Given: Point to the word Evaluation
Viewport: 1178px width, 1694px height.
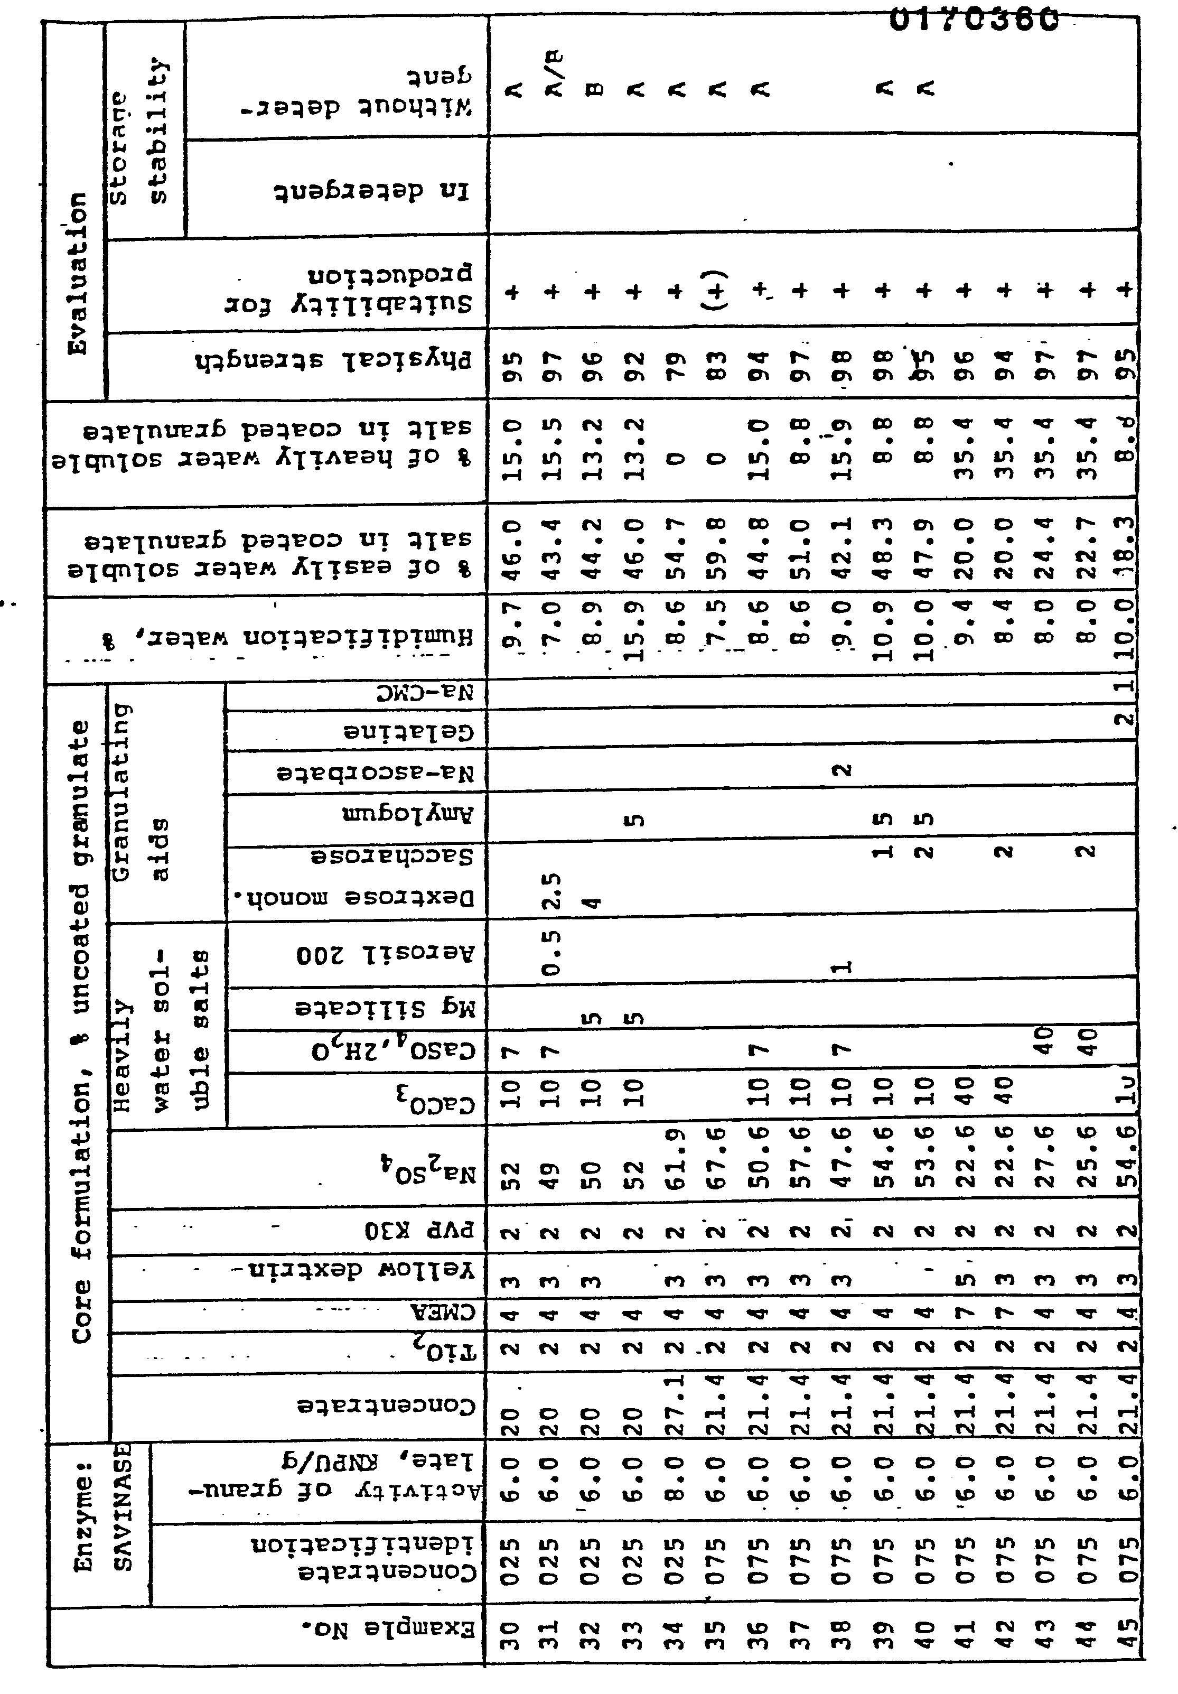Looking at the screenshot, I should point(78,273).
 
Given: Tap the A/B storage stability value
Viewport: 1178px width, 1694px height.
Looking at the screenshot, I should point(555,74).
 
